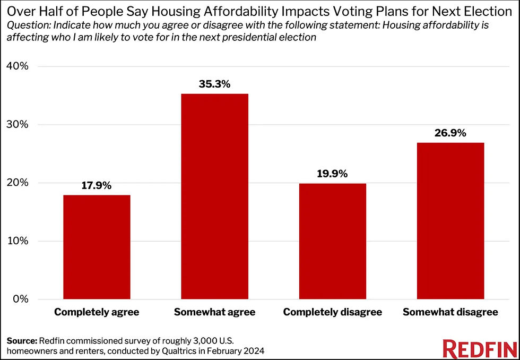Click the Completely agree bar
tap(97, 247)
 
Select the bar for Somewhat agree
tap(214, 196)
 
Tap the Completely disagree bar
tap(332, 241)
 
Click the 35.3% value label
tap(214, 84)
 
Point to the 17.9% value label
tap(97, 185)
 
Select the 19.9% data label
tap(332, 174)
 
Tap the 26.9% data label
tap(450, 133)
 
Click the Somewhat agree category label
tap(214, 312)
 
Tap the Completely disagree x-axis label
tap(332, 312)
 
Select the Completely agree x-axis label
tap(97, 312)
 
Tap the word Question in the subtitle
tap(23, 25)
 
